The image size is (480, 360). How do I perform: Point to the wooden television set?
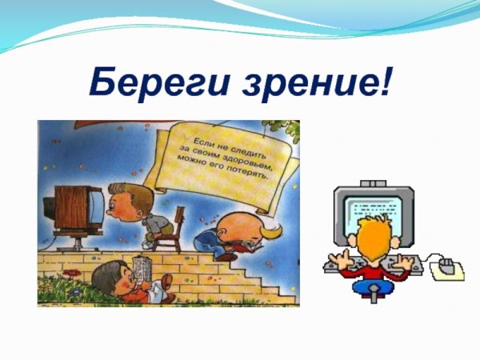click(77, 210)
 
